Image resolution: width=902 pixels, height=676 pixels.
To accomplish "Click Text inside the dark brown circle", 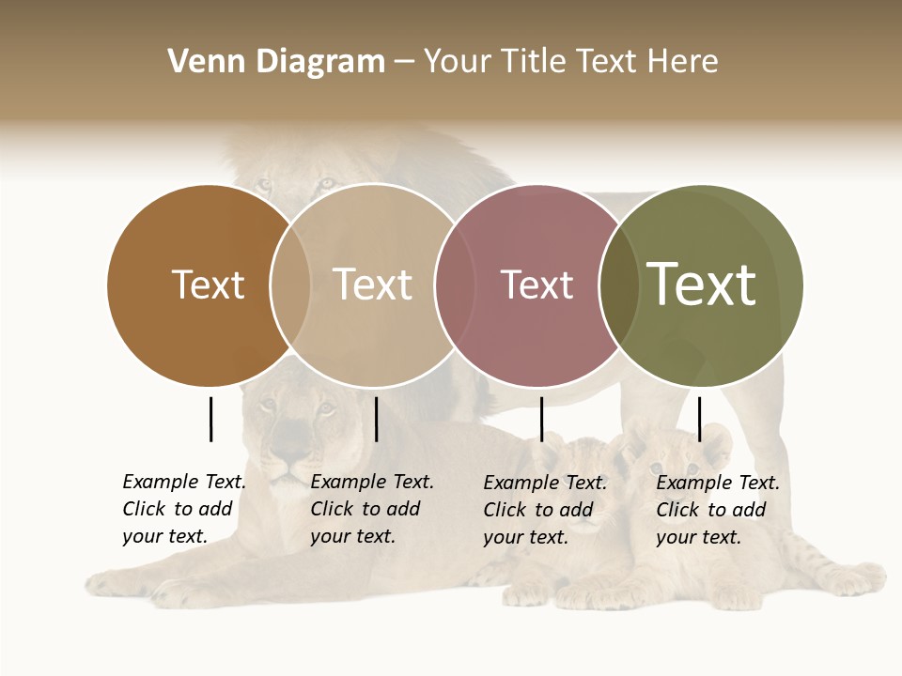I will pos(208,284).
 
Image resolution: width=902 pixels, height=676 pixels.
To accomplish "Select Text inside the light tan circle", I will pos(373,284).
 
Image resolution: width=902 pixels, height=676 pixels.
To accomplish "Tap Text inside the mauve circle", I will pos(537,284).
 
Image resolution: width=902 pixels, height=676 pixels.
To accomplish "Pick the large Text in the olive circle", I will pos(702,284).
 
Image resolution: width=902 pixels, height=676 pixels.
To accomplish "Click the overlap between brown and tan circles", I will pos(290,284).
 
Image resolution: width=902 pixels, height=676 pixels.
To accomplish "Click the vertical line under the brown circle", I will pos(210,419).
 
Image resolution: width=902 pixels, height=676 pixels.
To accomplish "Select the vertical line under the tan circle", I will pos(376,419).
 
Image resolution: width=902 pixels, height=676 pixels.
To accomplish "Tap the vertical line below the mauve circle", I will pos(541,419).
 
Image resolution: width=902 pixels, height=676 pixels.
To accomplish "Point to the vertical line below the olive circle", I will pos(699,419).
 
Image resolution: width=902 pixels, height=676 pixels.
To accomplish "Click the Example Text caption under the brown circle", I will pos(183,509).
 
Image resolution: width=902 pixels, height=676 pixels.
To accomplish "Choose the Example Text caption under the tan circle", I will pos(371,509).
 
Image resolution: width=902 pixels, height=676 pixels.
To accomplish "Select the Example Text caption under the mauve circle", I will pos(544,510).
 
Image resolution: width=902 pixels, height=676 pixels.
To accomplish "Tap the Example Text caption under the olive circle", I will pos(717,510).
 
